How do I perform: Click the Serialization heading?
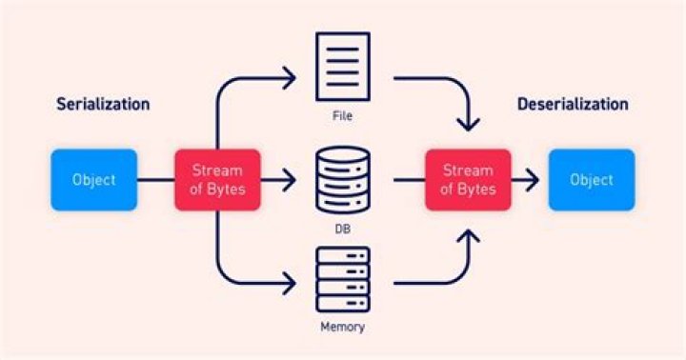[103, 104]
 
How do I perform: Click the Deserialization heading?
[573, 104]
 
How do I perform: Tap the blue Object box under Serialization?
[94, 180]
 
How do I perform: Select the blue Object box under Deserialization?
[592, 180]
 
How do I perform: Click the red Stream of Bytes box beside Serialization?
[217, 180]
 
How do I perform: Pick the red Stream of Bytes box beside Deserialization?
[468, 180]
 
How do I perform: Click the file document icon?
[343, 67]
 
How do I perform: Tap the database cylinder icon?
[343, 180]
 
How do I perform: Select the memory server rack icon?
[343, 280]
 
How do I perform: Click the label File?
[343, 116]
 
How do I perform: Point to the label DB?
[343, 229]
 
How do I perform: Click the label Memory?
[343, 327]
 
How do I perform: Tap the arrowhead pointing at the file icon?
[290, 78]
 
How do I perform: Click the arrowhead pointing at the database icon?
[290, 180]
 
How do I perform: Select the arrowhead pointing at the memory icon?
[290, 284]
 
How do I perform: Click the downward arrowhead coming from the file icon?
[468, 124]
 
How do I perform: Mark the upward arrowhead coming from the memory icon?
[468, 236]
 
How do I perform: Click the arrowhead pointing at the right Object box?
[533, 180]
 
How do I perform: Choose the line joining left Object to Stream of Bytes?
[156, 180]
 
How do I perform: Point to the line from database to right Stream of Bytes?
[410, 180]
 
